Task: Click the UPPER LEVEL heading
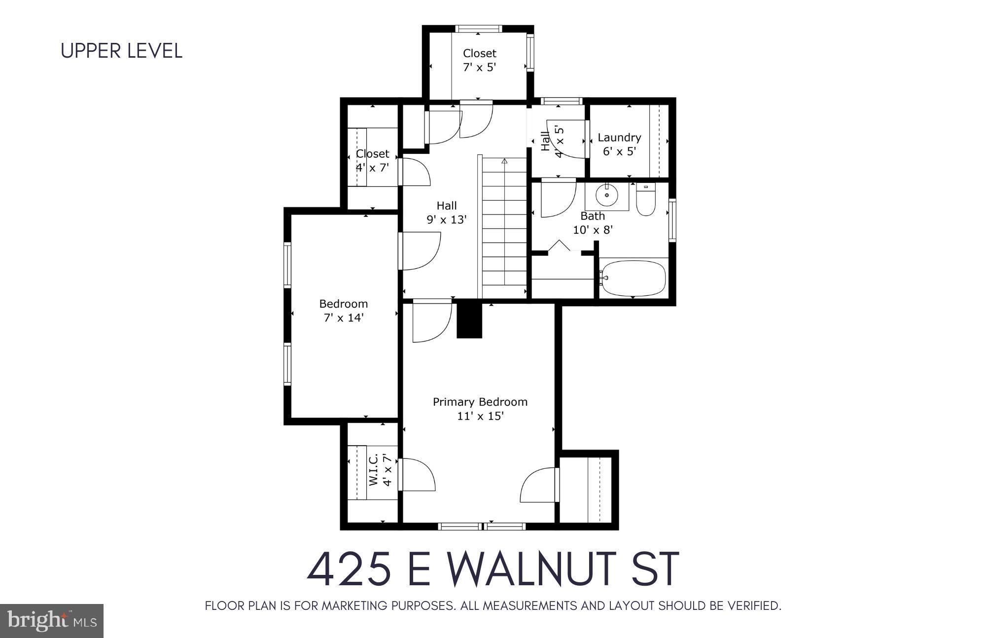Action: [121, 51]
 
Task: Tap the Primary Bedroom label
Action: [480, 402]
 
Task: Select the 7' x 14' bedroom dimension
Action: [343, 318]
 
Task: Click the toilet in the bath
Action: [645, 201]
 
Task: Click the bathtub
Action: [634, 279]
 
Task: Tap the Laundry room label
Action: [619, 138]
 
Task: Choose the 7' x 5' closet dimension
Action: [479, 67]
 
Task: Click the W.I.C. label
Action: [373, 469]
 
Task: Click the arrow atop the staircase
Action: [504, 161]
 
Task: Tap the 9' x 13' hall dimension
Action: [446, 220]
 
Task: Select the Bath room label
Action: [592, 216]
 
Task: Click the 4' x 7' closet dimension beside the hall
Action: [372, 168]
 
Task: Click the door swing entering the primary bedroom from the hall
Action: [431, 321]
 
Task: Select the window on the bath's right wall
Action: [672, 220]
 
